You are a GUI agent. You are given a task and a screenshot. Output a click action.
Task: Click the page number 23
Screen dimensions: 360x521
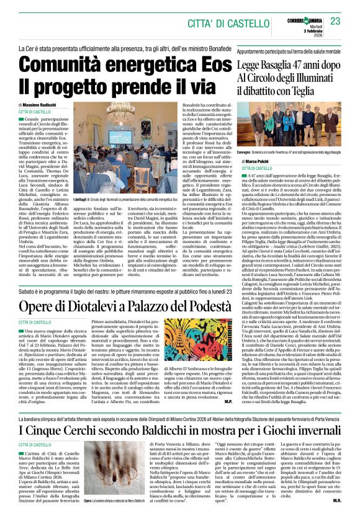click(335, 21)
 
